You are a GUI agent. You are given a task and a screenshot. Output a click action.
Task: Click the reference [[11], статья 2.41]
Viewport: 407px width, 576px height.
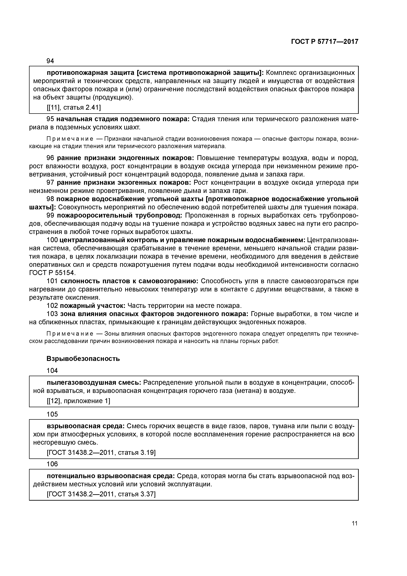click(x=74, y=108)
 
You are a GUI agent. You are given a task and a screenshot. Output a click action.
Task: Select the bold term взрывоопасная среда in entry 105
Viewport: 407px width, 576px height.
click(x=86, y=426)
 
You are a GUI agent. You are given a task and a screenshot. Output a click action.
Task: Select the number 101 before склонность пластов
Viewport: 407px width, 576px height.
click(x=52, y=281)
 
